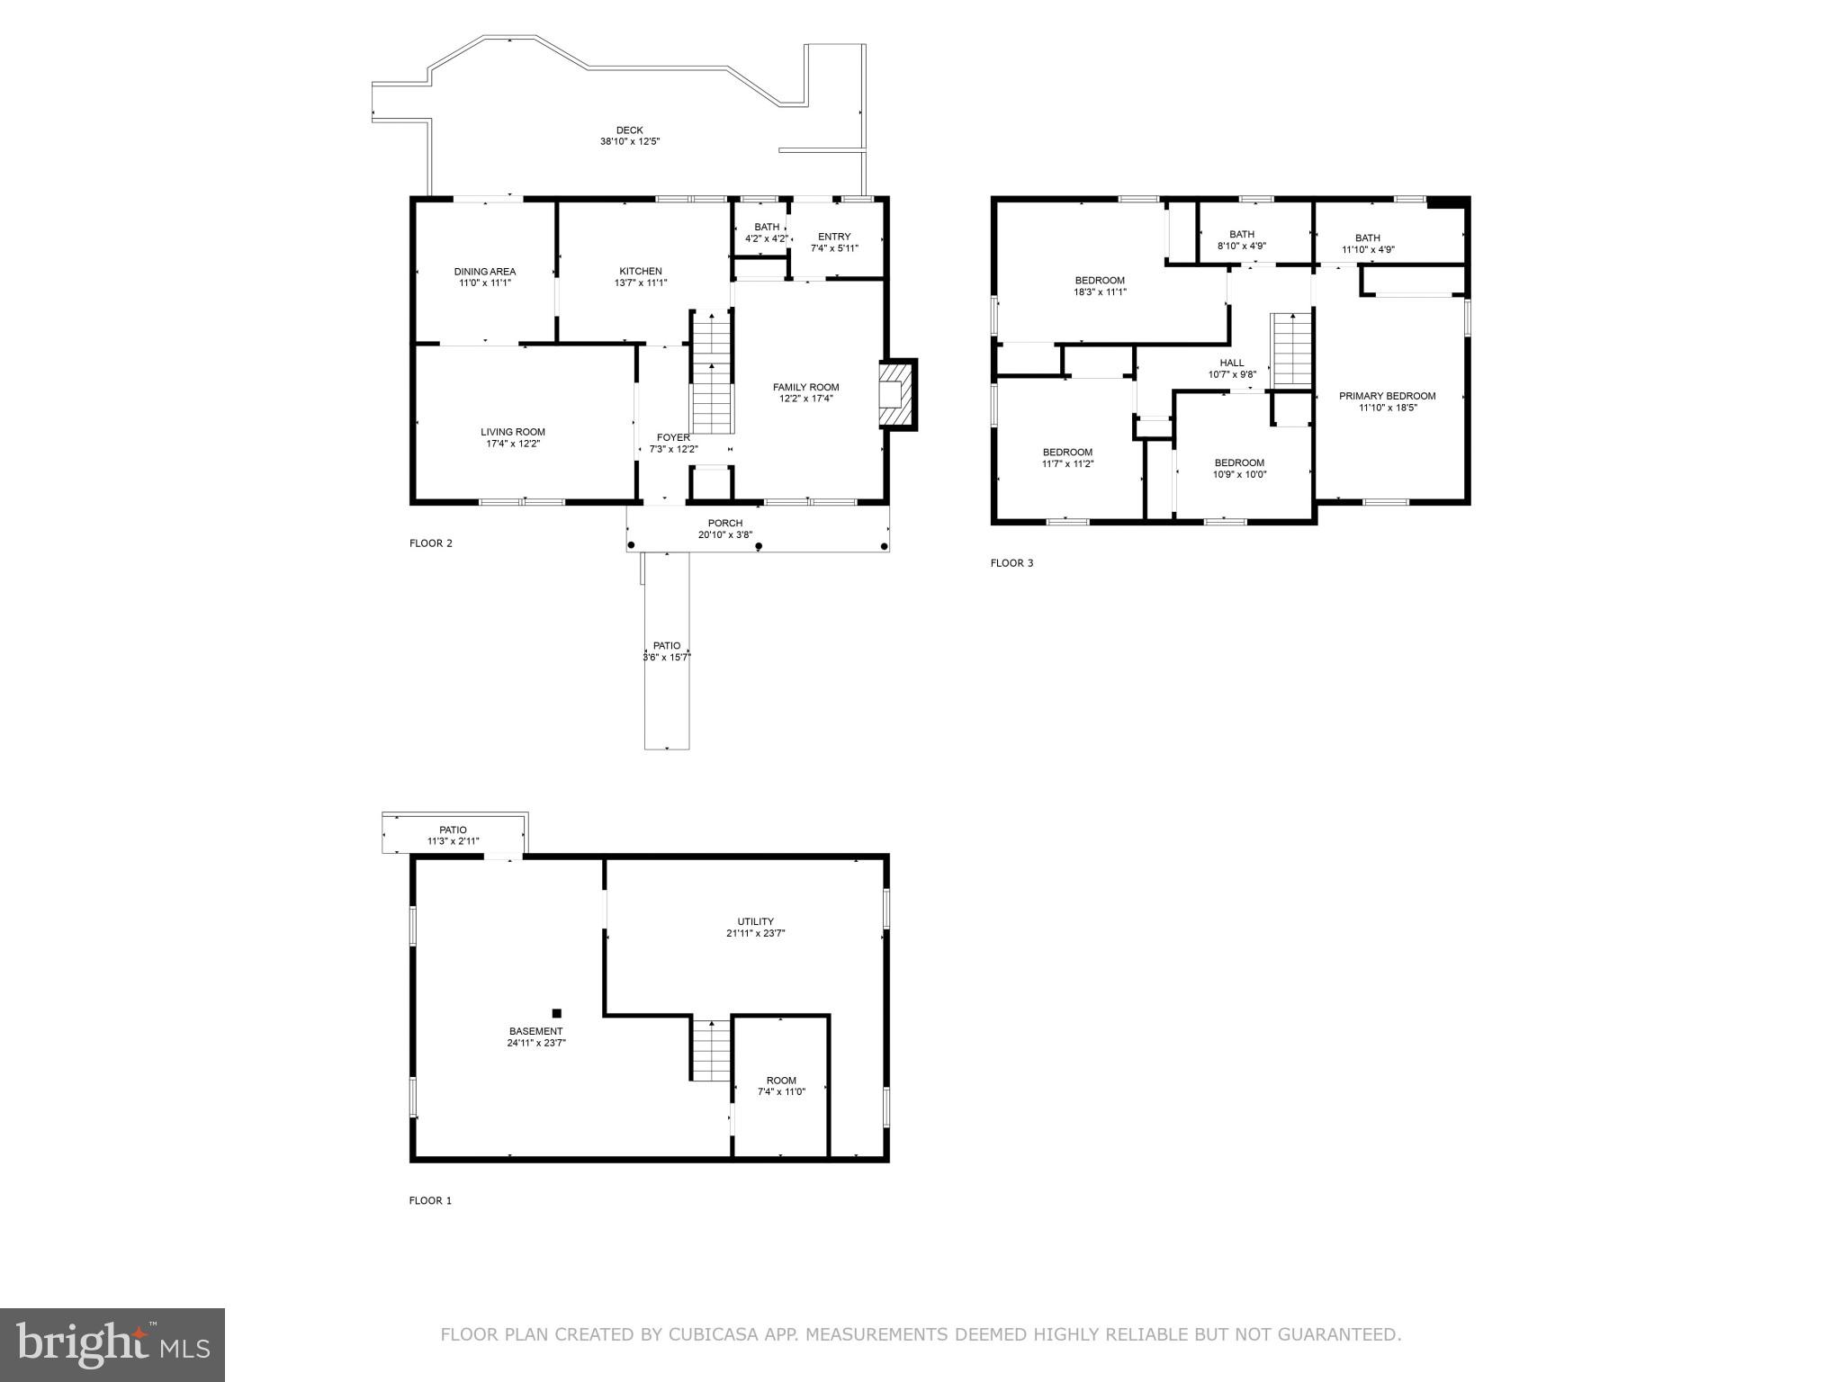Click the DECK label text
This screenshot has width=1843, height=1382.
(x=629, y=130)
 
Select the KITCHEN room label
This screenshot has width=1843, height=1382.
(x=640, y=271)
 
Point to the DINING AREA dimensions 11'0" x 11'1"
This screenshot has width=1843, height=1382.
(x=485, y=283)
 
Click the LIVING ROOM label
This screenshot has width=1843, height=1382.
(x=512, y=432)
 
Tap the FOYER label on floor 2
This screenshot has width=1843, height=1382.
(x=673, y=437)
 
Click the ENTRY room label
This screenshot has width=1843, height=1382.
(x=834, y=237)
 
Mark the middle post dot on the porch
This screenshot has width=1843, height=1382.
(x=759, y=546)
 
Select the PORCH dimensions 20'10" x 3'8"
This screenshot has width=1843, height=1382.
(x=724, y=535)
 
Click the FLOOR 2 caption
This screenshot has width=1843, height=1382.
(x=431, y=543)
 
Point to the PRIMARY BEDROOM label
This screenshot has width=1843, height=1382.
(x=1387, y=396)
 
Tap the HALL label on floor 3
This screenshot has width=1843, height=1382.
(x=1232, y=363)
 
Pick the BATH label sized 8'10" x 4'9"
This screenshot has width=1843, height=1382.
(x=1242, y=234)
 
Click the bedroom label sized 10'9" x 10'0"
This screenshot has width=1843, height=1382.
(x=1239, y=462)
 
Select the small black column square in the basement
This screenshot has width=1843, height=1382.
(x=557, y=1013)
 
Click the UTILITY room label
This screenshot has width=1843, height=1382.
(x=755, y=921)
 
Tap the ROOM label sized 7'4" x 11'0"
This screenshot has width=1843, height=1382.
(x=781, y=1081)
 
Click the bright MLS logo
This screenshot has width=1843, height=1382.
(x=112, y=1344)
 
